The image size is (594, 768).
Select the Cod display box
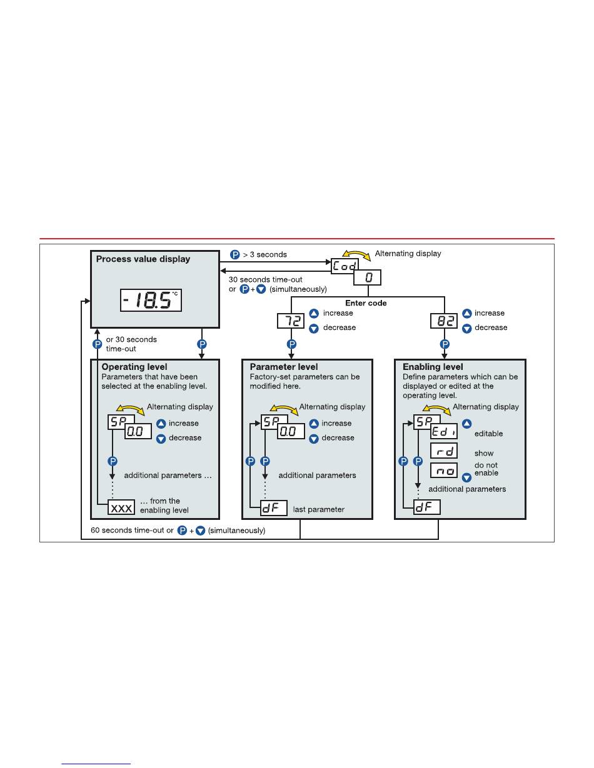[345, 266]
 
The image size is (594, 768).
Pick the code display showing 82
[444, 321]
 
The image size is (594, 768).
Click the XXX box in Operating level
[121, 508]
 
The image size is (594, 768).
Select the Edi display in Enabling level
[443, 431]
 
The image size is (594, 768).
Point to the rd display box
[443, 451]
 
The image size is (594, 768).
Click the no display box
[443, 471]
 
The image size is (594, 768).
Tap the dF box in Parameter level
[273, 508]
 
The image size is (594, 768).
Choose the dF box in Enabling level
[428, 507]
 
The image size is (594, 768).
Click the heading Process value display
[143, 258]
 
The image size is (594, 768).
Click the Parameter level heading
[284, 367]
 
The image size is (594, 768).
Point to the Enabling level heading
[433, 367]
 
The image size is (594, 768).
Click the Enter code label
[366, 302]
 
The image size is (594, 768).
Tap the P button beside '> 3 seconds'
[235, 254]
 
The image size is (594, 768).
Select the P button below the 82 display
[444, 344]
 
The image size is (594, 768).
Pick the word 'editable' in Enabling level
[488, 433]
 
